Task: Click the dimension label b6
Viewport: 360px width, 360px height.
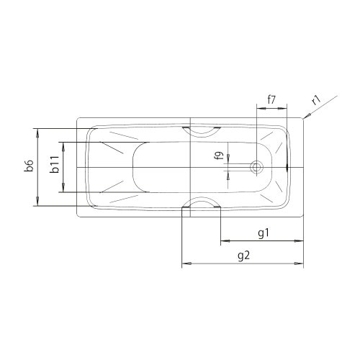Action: (x=29, y=166)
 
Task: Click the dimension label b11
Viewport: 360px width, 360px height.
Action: (x=54, y=164)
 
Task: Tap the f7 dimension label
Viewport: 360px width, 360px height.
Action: (x=271, y=99)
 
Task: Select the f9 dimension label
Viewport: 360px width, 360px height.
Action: (x=220, y=156)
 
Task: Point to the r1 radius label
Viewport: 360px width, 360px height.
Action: (x=317, y=100)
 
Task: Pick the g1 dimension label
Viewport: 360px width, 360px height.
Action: (x=264, y=233)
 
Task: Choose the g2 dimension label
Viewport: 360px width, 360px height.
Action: (x=244, y=256)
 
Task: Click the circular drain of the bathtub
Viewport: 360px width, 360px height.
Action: (x=256, y=167)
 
